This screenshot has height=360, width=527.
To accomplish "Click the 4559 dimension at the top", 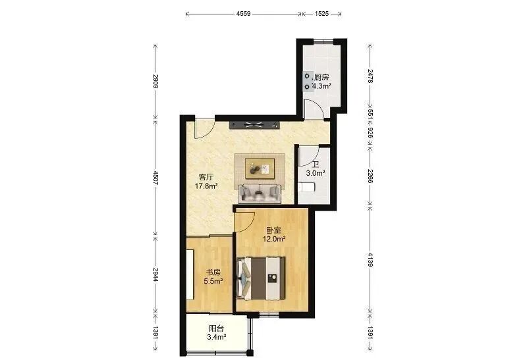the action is [243, 14].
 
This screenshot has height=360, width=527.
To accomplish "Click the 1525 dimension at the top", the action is [321, 14].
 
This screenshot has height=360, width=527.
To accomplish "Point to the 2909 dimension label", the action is [155, 81].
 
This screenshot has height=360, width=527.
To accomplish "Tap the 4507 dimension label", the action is [155, 178].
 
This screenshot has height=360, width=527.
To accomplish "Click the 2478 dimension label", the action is [370, 76].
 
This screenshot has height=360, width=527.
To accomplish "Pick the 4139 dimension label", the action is [370, 260].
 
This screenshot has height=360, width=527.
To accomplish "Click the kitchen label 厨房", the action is [321, 78].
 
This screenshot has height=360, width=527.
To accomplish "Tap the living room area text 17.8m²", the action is [206, 186].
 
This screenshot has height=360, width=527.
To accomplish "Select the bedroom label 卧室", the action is [274, 231].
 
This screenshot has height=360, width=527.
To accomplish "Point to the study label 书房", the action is [213, 272].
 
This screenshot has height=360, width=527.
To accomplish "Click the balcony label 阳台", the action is [216, 328].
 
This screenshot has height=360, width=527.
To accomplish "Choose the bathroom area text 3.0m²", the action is [316, 173].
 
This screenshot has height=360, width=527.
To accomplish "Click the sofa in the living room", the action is [259, 193].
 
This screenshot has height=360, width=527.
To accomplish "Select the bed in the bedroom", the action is [261, 278].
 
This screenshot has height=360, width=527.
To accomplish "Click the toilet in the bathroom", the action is [306, 188].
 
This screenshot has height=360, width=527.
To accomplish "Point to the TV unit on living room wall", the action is [254, 125].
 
